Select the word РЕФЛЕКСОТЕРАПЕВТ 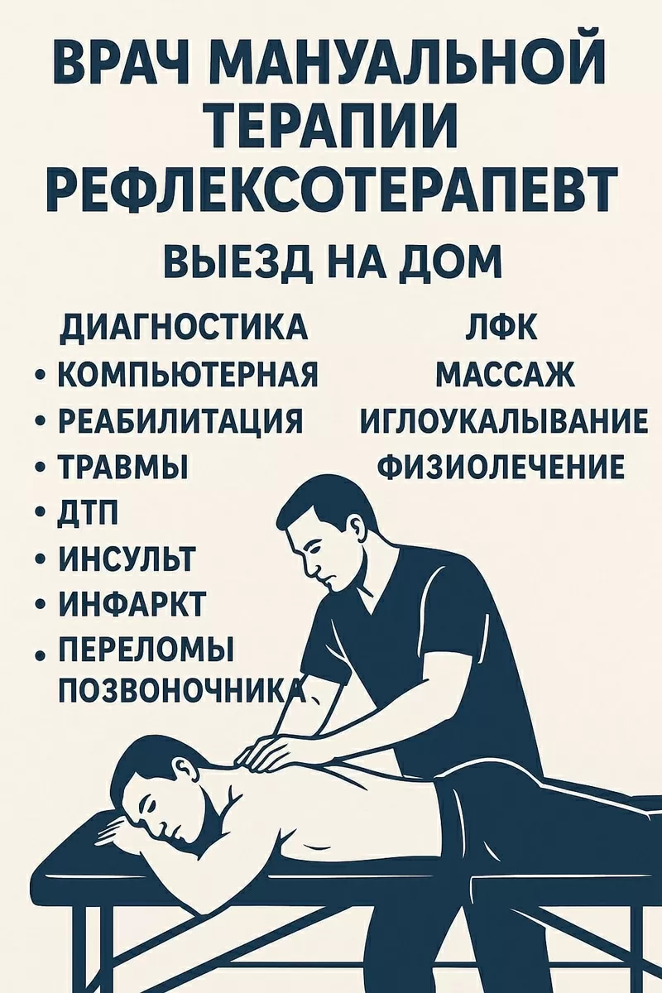(331, 189)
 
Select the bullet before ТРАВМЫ (41, 469)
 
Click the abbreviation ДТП (87, 515)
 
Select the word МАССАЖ (505, 375)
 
